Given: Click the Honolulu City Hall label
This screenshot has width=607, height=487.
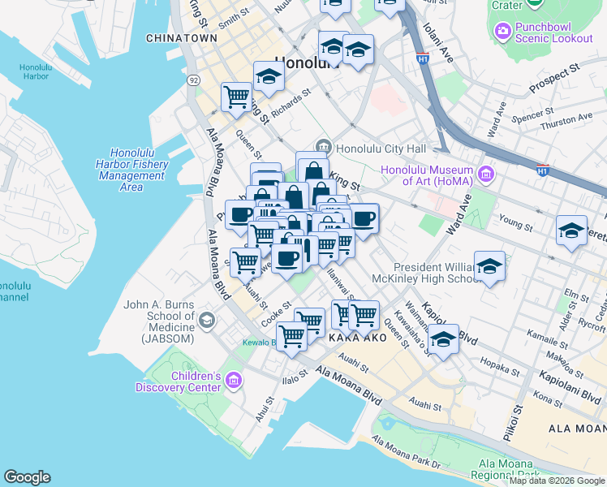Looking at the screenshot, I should (x=381, y=148).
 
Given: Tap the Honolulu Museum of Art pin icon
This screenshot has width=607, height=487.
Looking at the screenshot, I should (x=486, y=173).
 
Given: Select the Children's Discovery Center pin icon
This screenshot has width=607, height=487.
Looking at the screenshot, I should (x=234, y=380).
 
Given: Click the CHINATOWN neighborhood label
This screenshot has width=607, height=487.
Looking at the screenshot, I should (x=181, y=38).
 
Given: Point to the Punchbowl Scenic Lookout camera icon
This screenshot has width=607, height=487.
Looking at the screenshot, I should (x=502, y=31).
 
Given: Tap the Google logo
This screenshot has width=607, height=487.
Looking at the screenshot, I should (x=27, y=477).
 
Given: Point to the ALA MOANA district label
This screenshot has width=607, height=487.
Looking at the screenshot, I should (x=577, y=428).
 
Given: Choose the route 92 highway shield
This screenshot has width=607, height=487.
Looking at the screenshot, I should (x=193, y=80).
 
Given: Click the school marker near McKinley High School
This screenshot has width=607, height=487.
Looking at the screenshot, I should (x=489, y=267).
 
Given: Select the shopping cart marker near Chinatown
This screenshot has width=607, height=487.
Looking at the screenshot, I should (x=236, y=97).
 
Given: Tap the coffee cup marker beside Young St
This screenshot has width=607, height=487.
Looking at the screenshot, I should (x=364, y=218).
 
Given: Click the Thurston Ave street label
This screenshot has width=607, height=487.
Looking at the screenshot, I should (x=567, y=119).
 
